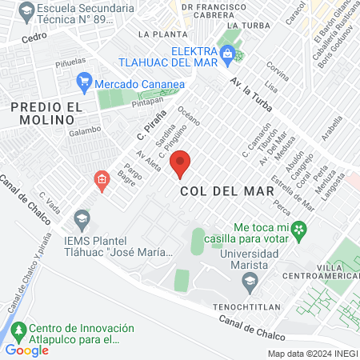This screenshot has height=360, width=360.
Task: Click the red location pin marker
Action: coord(181,163)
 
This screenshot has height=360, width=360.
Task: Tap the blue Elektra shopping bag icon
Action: coord(229,53)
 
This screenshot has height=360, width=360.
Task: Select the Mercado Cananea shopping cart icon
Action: coord(83,81)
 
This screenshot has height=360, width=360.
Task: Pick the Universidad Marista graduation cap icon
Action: coord(250,281)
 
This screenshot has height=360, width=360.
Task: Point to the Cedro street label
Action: coord(36,37)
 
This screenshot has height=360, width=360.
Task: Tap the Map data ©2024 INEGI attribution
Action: coord(312,354)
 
